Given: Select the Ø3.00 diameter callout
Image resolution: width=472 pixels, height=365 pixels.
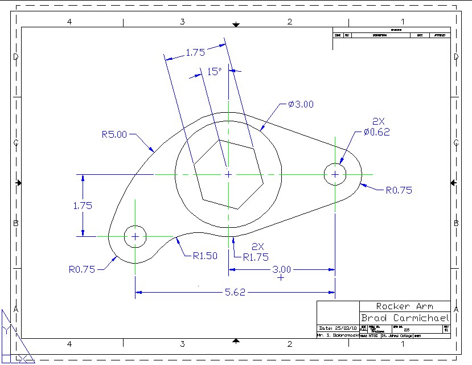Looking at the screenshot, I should [301, 104].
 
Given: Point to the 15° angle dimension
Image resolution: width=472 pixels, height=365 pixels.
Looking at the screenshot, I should [214, 72].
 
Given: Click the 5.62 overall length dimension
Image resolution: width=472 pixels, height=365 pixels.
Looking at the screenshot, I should [235, 293].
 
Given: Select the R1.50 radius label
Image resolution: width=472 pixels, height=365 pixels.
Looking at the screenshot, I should [204, 256].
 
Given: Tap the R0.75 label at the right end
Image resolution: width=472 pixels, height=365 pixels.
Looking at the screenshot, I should [399, 190].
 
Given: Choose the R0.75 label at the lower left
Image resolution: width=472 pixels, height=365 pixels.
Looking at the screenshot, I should [82, 269].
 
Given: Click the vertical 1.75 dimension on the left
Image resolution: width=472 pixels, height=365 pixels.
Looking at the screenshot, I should [83, 206].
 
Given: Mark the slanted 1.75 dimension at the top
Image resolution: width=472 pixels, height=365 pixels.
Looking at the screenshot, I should [195, 52].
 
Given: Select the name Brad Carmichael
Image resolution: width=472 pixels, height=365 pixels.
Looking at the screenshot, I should [405, 318].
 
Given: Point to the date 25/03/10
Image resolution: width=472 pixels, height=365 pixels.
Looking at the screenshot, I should [339, 329].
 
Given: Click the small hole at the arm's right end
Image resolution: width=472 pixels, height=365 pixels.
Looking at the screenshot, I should [335, 174].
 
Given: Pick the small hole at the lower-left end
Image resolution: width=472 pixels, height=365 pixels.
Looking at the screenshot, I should [135, 236].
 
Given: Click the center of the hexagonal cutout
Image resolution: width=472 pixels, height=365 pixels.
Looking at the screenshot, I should [228, 174].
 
